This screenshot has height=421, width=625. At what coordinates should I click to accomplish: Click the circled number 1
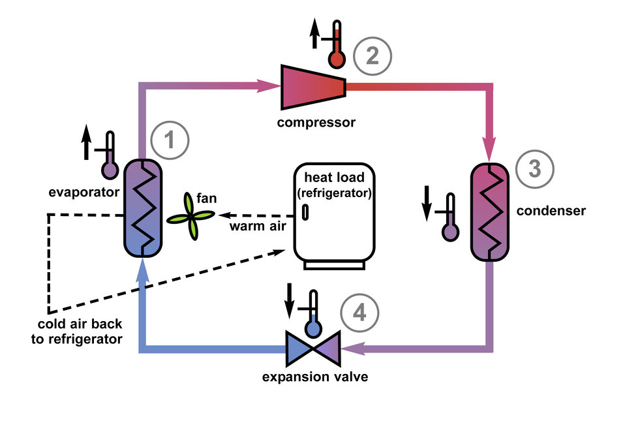(170, 140)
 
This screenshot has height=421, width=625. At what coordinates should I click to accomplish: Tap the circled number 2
(373, 57)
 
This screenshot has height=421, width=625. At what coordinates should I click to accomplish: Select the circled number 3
(534, 169)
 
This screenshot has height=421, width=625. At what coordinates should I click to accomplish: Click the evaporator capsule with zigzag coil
(143, 207)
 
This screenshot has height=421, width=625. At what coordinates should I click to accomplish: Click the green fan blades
(189, 219)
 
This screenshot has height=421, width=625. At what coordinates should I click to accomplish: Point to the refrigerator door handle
(305, 213)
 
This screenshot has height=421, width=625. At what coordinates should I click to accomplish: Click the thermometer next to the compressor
(335, 45)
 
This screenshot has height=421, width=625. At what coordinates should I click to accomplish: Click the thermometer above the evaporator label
(108, 157)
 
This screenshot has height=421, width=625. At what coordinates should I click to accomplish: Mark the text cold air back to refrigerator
(80, 332)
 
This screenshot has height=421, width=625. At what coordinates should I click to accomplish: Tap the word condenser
(551, 211)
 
